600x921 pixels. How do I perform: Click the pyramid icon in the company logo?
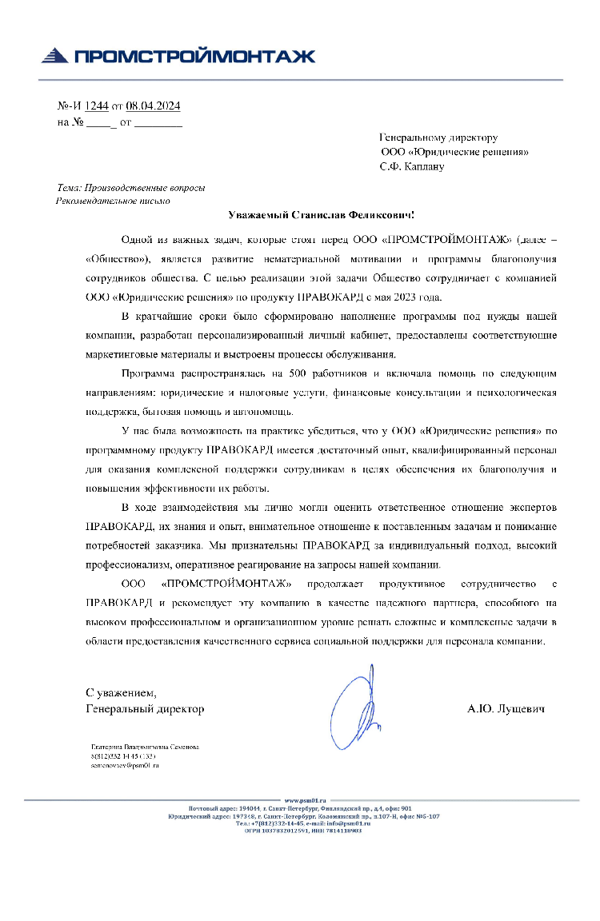pyautogui.click(x=54, y=55)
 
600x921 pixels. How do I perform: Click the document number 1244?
pyautogui.click(x=96, y=106)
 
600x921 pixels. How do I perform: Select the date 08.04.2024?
pyautogui.click(x=154, y=106)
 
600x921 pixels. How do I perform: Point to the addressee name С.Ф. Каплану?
pyautogui.click(x=411, y=166)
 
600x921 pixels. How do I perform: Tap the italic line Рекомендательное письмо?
pyautogui.click(x=113, y=201)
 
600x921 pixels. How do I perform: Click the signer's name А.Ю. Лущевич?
pyautogui.click(x=506, y=708)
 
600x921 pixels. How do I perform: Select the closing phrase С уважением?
pyautogui.click(x=121, y=692)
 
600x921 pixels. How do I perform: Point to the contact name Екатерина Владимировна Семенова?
pyautogui.click(x=144, y=747)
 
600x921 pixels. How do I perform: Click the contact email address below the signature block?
pyautogui.click(x=125, y=765)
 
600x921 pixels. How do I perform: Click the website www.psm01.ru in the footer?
pyautogui.click(x=306, y=799)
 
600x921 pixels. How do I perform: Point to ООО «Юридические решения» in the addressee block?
pyautogui.click(x=454, y=152)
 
